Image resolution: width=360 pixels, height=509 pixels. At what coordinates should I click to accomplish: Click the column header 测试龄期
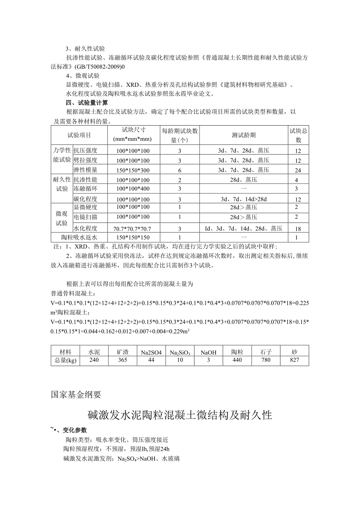243,135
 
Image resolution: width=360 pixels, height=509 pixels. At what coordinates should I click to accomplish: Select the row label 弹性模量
85,170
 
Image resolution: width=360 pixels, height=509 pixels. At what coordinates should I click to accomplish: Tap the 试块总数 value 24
298,170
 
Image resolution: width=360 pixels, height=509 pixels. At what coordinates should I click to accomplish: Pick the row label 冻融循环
85,189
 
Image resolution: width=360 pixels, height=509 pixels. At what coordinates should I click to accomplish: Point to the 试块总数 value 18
298,228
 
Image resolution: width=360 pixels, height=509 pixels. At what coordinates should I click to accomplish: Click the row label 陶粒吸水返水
79,237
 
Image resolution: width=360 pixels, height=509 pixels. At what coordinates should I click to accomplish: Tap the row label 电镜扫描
85,217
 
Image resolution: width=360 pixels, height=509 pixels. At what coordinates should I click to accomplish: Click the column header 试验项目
79,135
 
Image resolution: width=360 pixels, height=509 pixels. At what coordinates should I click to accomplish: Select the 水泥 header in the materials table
94,352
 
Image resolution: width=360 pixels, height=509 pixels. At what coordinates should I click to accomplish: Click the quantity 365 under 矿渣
122,360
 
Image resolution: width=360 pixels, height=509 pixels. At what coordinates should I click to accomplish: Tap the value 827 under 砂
294,360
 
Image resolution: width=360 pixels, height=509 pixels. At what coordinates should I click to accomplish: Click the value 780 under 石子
266,360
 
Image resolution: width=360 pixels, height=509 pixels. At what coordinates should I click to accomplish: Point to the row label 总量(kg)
65,360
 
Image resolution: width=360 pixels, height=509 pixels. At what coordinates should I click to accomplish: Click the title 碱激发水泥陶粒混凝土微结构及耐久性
180,415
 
